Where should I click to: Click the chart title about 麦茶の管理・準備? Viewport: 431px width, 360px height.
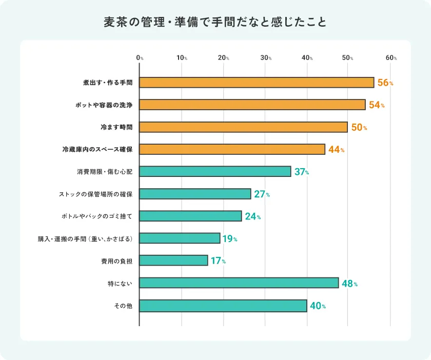coord(215,23)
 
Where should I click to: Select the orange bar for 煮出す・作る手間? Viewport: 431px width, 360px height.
coord(257,83)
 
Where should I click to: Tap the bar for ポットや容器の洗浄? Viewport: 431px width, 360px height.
coord(252,105)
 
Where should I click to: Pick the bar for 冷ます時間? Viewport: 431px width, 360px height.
coord(243,127)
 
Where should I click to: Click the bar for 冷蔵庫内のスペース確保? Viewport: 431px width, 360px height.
coord(232,149)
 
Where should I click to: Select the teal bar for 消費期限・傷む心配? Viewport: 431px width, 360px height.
coord(215,171)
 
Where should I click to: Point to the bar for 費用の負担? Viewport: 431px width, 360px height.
coord(173,261)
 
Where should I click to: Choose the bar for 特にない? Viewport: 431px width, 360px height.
coord(239,283)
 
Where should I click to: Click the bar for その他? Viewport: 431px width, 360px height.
coord(223,306)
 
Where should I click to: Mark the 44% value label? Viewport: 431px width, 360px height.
coord(336,150)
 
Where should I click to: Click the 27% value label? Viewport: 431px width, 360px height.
coord(262,194)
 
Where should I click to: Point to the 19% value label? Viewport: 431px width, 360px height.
coord(230,238)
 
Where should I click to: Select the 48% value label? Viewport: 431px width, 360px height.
coord(349,283)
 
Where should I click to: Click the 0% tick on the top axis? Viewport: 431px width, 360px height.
coord(140,58)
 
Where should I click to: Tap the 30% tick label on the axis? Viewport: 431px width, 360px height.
coord(266,58)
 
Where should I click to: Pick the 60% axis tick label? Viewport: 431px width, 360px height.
coord(391,58)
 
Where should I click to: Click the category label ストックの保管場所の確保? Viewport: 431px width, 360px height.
coord(96,194)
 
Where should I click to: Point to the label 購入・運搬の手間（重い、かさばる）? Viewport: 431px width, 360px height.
coord(86,238)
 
